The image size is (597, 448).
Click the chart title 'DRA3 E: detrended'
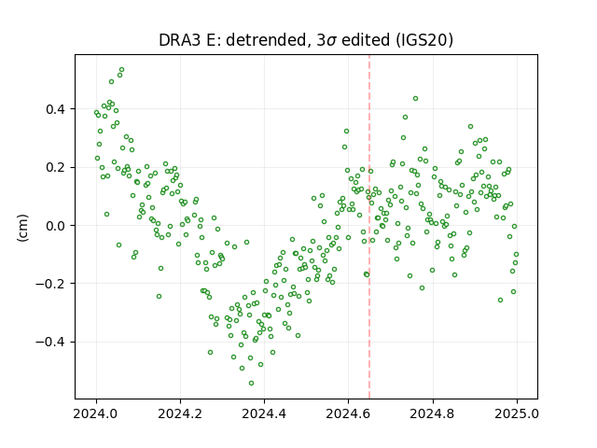(x=232, y=40)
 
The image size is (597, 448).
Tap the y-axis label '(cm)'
(x=22, y=228)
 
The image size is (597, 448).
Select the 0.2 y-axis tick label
(x=55, y=168)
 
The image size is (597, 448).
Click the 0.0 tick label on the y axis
(x=55, y=226)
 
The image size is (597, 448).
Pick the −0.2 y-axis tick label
(x=50, y=284)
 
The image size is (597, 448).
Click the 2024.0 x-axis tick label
(x=96, y=413)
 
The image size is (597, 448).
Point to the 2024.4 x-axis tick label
(x=264, y=413)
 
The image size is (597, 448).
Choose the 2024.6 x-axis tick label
(x=348, y=413)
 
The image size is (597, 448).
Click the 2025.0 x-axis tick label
(x=517, y=413)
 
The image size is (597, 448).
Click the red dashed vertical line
(x=369, y=227)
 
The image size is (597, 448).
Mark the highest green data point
(x=122, y=70)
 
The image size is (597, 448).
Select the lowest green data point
(x=251, y=384)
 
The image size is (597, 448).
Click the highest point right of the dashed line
(x=415, y=99)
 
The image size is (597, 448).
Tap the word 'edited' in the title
(x=366, y=40)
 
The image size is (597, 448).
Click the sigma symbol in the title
(x=332, y=41)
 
